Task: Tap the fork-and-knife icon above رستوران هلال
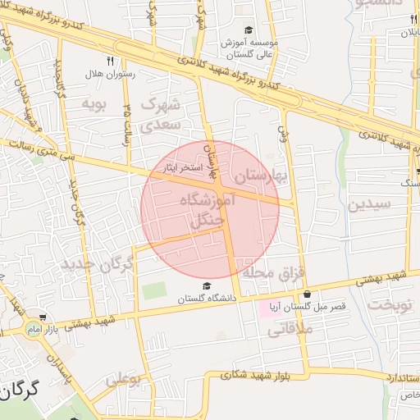(110, 61)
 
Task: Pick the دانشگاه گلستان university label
(206, 299)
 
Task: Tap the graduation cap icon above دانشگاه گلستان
(207, 286)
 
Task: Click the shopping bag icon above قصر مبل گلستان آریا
(307, 294)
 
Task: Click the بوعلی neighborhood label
(122, 380)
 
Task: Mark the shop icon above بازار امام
(42, 317)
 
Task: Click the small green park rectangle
(153, 290)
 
